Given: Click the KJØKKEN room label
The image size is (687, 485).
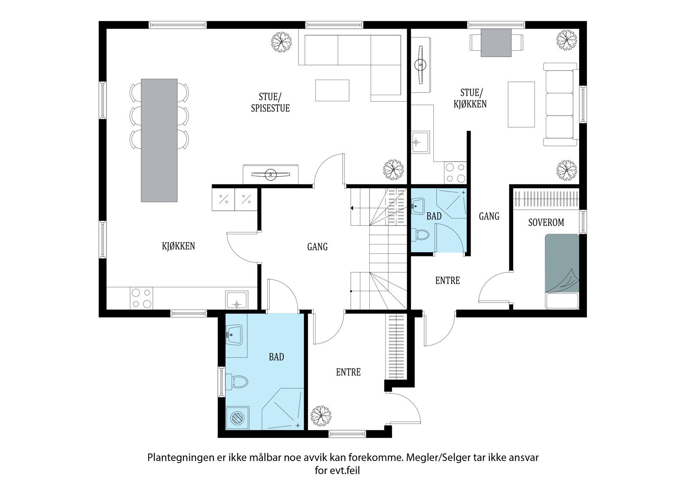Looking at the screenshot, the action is [x=178, y=246].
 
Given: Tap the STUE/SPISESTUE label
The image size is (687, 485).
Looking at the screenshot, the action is [x=270, y=102].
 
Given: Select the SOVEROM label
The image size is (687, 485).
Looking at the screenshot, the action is [x=546, y=223].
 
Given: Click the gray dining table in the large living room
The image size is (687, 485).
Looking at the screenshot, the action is [x=159, y=140].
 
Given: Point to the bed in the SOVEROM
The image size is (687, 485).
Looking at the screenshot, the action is [x=562, y=271].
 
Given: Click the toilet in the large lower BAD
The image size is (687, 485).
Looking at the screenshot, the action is [x=237, y=382].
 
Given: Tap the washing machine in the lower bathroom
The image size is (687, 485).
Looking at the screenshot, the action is [x=237, y=418].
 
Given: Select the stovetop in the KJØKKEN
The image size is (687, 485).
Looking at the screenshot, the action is [x=141, y=298].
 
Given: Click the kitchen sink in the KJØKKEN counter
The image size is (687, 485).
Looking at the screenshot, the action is [x=237, y=300].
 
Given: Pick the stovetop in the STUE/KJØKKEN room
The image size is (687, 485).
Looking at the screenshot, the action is [x=455, y=173].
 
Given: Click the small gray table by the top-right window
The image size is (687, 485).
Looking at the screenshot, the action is [x=496, y=42].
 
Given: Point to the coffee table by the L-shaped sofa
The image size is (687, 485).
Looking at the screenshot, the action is [x=332, y=90].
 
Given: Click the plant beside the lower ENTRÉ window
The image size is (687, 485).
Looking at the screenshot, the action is [x=321, y=416].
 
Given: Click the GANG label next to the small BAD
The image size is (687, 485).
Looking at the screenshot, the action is [x=489, y=216].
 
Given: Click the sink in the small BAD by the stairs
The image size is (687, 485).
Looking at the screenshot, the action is [x=418, y=206].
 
